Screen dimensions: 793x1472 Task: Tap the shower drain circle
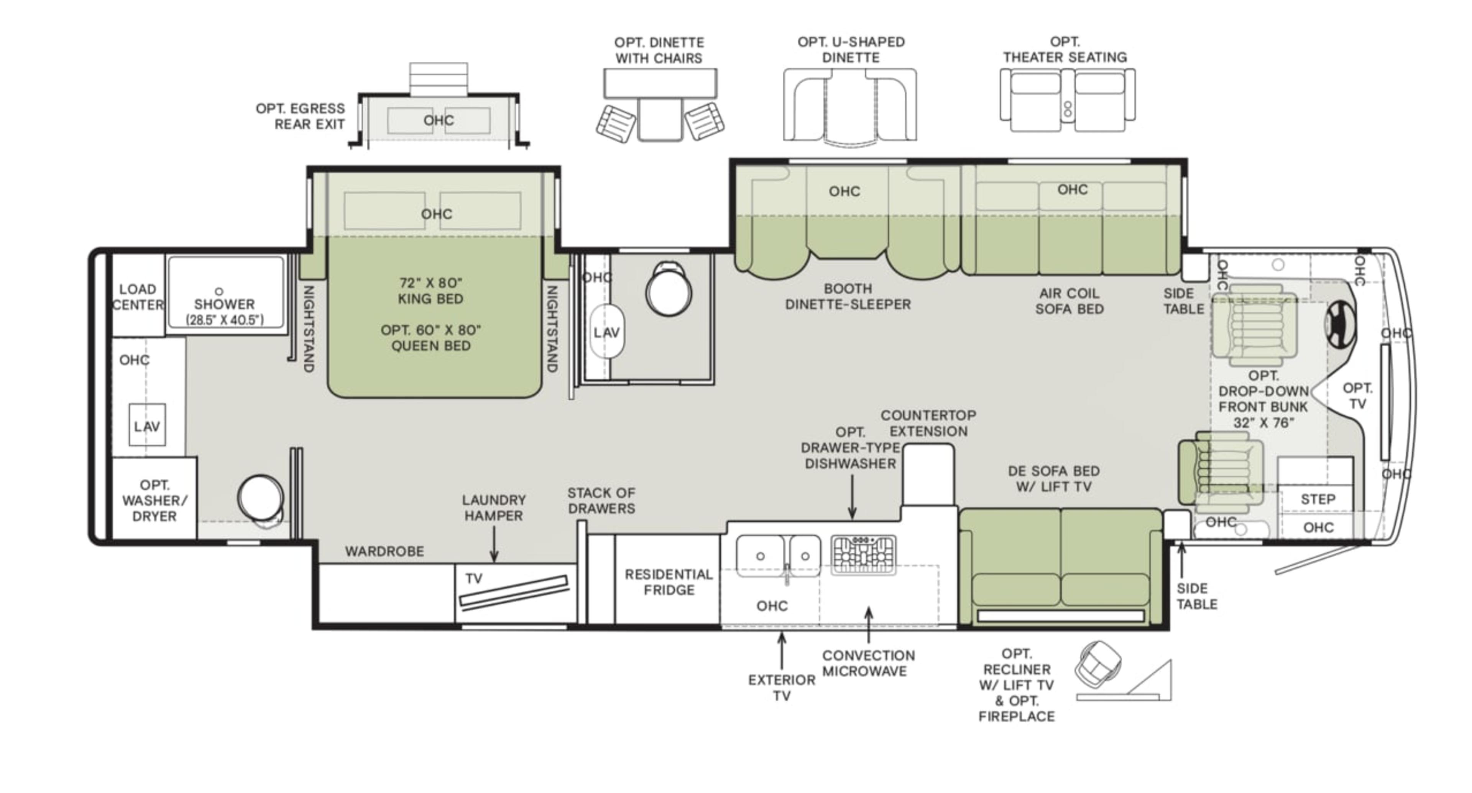click(219, 291)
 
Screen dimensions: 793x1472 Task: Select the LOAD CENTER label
click(138, 297)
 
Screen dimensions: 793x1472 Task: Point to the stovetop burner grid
click(863, 554)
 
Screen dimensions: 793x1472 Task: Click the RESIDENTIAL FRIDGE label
click(668, 582)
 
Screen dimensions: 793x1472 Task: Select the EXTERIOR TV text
click(781, 687)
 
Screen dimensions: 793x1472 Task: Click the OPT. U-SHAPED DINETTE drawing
click(850, 106)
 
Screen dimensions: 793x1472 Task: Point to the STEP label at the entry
click(1318, 499)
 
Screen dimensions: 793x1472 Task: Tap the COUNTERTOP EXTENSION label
click(928, 423)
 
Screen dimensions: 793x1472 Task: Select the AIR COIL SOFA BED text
click(1069, 301)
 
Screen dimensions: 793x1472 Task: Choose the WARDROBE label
click(384, 551)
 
